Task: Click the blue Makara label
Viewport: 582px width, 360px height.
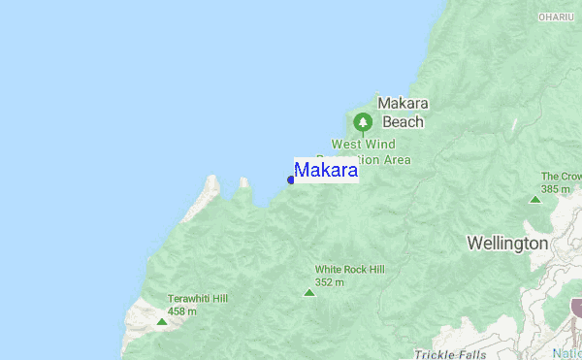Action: pyautogui.click(x=326, y=170)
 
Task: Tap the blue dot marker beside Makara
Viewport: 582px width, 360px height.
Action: pyautogui.click(x=291, y=180)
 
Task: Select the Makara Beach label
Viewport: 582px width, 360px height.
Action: pyautogui.click(x=403, y=113)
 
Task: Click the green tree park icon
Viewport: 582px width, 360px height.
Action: pyautogui.click(x=363, y=122)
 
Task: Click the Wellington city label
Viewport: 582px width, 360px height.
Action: pyautogui.click(x=507, y=243)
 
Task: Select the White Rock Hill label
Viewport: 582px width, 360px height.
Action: pyautogui.click(x=349, y=270)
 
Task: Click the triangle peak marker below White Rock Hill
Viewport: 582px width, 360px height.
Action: pyautogui.click(x=309, y=292)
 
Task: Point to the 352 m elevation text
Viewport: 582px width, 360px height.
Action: pyautogui.click(x=331, y=282)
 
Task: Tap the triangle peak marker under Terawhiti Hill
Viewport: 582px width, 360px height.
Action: pyautogui.click(x=161, y=320)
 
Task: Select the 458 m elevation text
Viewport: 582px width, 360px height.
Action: pyautogui.click(x=182, y=311)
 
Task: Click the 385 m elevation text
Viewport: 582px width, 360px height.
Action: pyautogui.click(x=556, y=188)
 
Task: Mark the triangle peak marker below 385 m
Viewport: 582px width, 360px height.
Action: pyautogui.click(x=534, y=200)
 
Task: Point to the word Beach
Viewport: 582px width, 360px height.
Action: pyautogui.click(x=403, y=122)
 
